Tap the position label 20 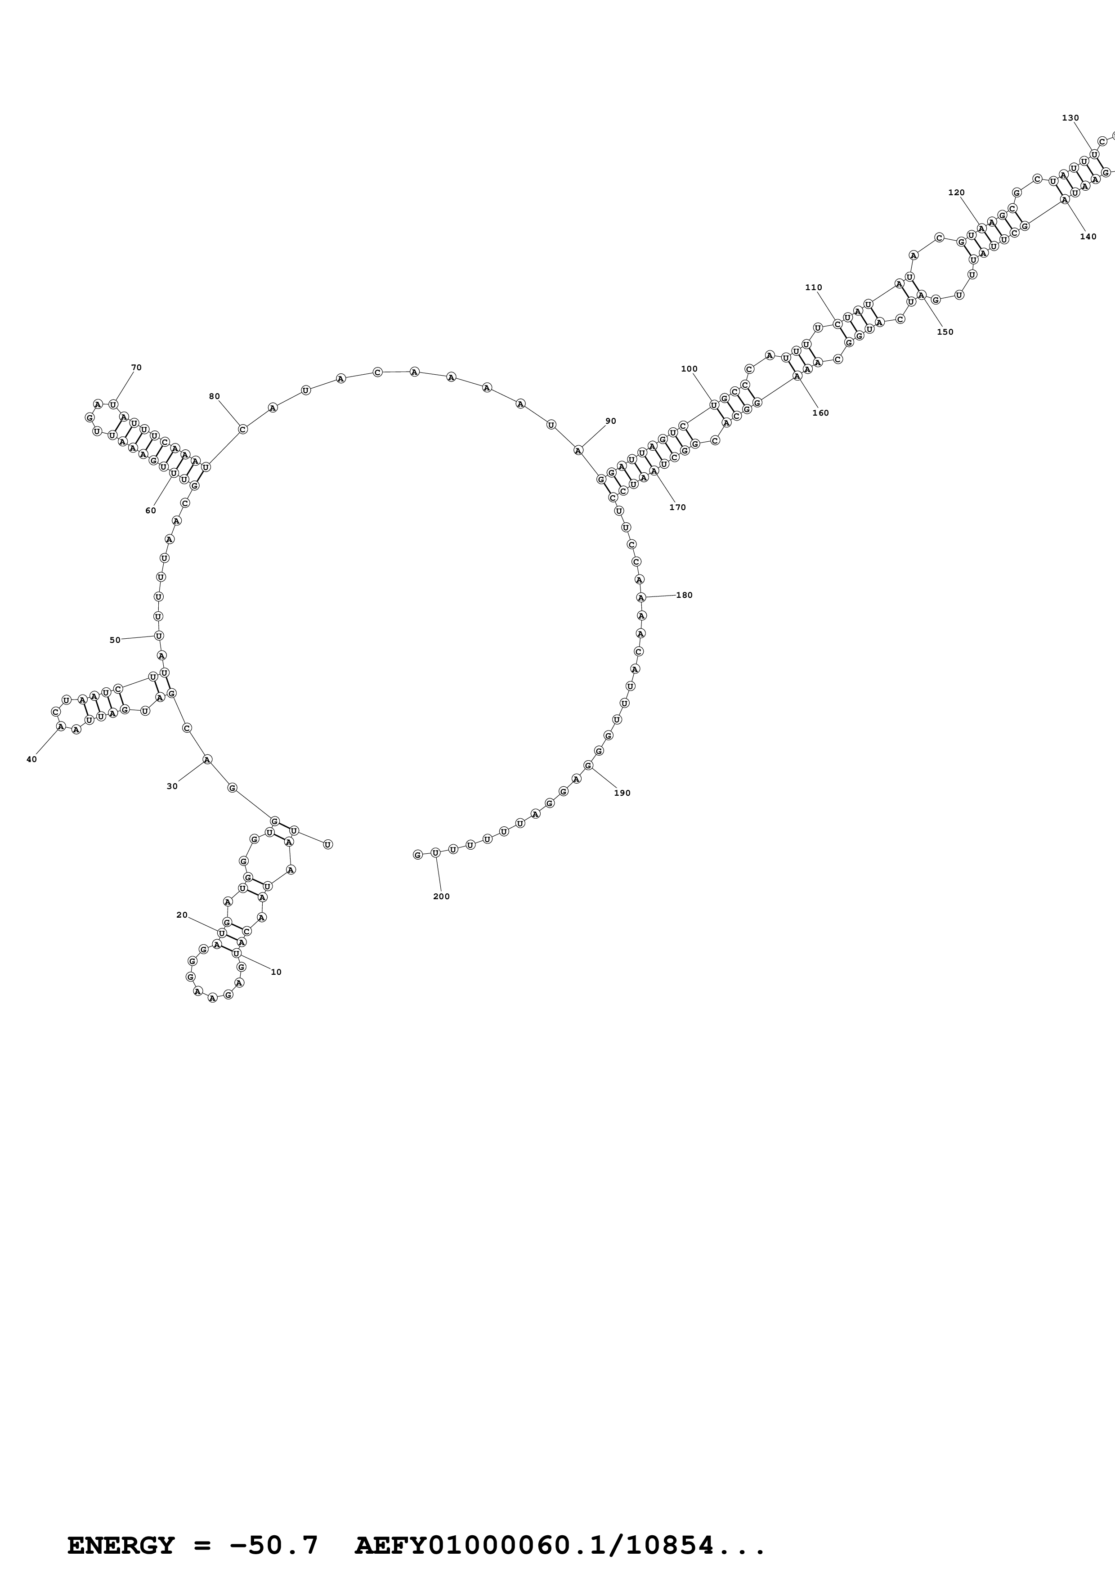point(182,915)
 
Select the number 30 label point(172,786)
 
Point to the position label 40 point(31,759)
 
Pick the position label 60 point(151,511)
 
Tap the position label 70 point(136,368)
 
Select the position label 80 point(215,397)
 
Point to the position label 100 point(689,369)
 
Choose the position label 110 point(813,288)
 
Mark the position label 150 point(945,332)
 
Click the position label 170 point(677,507)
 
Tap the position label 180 point(684,595)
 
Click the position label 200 point(441,896)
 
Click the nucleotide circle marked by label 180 point(641,597)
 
